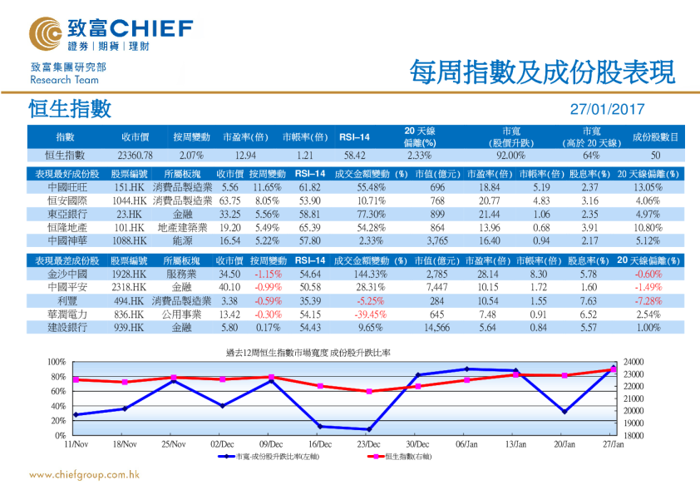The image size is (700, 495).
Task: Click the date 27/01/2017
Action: (x=608, y=109)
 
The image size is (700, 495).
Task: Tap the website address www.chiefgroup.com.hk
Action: (x=84, y=475)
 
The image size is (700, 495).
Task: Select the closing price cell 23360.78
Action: (x=136, y=156)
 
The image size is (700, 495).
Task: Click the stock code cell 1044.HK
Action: (x=129, y=200)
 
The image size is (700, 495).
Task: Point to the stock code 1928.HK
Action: (x=129, y=274)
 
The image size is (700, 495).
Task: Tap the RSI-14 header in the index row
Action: (x=355, y=137)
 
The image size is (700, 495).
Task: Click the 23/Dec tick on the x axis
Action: (x=368, y=444)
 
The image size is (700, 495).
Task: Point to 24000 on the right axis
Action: (x=633, y=362)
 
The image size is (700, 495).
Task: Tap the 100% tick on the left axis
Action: (x=56, y=362)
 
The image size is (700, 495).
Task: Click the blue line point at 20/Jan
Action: (x=564, y=412)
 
